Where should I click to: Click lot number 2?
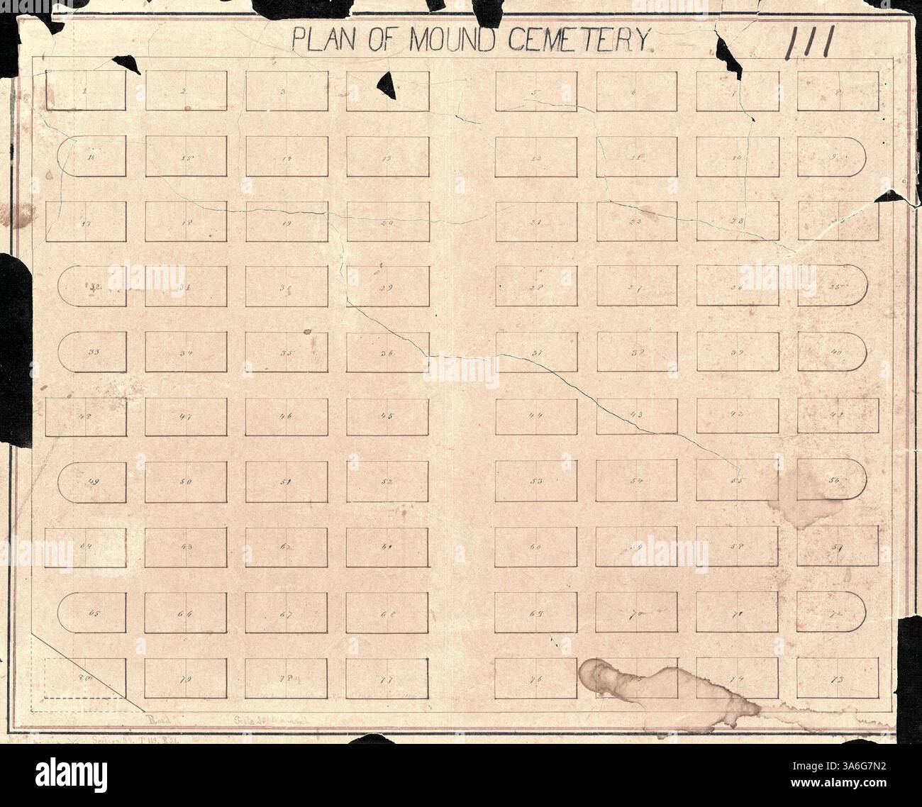pyautogui.click(x=186, y=91)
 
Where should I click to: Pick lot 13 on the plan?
pyautogui.click(x=387, y=156)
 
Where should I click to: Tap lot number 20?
pyautogui.click(x=387, y=222)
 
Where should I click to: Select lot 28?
pyautogui.click(x=535, y=287)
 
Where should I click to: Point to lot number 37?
pyautogui.click(x=535, y=352)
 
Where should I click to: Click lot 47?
pyautogui.click(x=186, y=416)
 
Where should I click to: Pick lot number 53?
pyautogui.click(x=535, y=482)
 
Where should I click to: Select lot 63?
pyautogui.click(x=186, y=547)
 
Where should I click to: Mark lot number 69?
pyautogui.click(x=535, y=612)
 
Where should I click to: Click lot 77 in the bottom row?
pyautogui.click(x=387, y=678)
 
